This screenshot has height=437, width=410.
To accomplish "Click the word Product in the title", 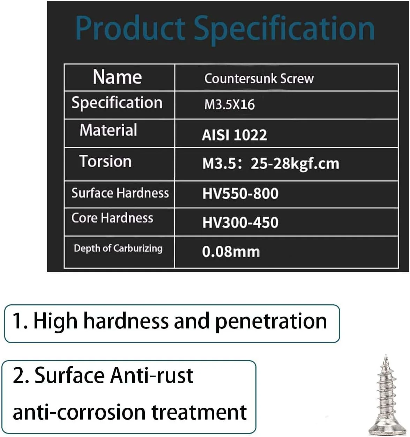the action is (130, 28).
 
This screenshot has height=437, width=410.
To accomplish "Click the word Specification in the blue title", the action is (284, 30).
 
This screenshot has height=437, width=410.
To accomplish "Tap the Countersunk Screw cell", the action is (259, 79).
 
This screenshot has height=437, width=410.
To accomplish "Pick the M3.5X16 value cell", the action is (229, 104).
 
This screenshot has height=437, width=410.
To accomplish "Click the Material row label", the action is (108, 130).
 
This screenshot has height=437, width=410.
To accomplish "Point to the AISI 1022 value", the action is (234, 135).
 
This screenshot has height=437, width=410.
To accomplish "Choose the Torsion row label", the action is (106, 161).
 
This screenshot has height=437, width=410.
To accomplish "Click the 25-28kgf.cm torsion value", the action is (295, 164).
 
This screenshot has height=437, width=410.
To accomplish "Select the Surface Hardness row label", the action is (120, 193).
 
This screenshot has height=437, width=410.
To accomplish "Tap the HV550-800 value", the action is (240, 194).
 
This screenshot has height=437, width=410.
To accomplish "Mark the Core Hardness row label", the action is (112, 218).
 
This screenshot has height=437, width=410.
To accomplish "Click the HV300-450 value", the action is (240, 222).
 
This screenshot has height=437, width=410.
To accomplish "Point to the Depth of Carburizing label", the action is (118, 249).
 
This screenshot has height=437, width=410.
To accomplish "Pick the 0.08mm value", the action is (231, 252).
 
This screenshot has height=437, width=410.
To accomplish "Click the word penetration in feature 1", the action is (271, 323).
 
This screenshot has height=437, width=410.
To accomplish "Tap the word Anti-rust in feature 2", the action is (152, 376).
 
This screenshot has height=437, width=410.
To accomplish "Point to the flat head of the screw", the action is (387, 428).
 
